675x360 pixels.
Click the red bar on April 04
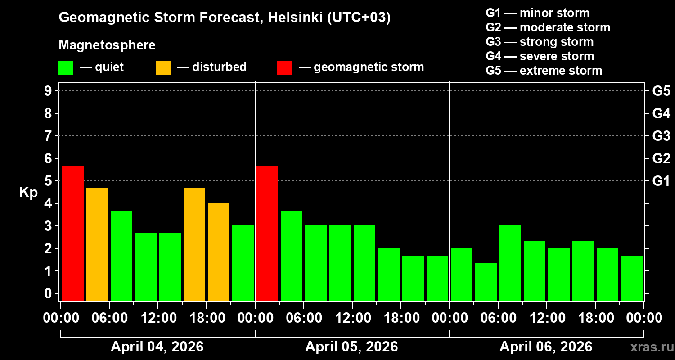click(x=73, y=233)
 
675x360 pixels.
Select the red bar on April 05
click(x=267, y=233)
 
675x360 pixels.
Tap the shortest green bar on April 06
click(x=486, y=282)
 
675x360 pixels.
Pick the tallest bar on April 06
click(x=510, y=263)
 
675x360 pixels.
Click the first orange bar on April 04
click(x=97, y=244)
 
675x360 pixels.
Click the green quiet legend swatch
click(x=66, y=68)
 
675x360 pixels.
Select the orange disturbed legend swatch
click(x=163, y=68)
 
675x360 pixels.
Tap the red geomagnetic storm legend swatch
click(x=284, y=68)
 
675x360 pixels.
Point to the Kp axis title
click(x=28, y=193)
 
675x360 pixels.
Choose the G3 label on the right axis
click(x=661, y=136)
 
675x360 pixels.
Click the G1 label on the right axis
click(x=661, y=181)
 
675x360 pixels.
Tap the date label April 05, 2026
click(x=351, y=347)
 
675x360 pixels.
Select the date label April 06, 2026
click(x=546, y=347)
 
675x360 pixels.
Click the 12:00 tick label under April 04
click(x=158, y=318)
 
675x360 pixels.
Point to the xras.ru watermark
click(x=650, y=347)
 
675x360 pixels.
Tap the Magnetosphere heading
click(x=107, y=45)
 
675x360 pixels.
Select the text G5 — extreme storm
click(x=544, y=71)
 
